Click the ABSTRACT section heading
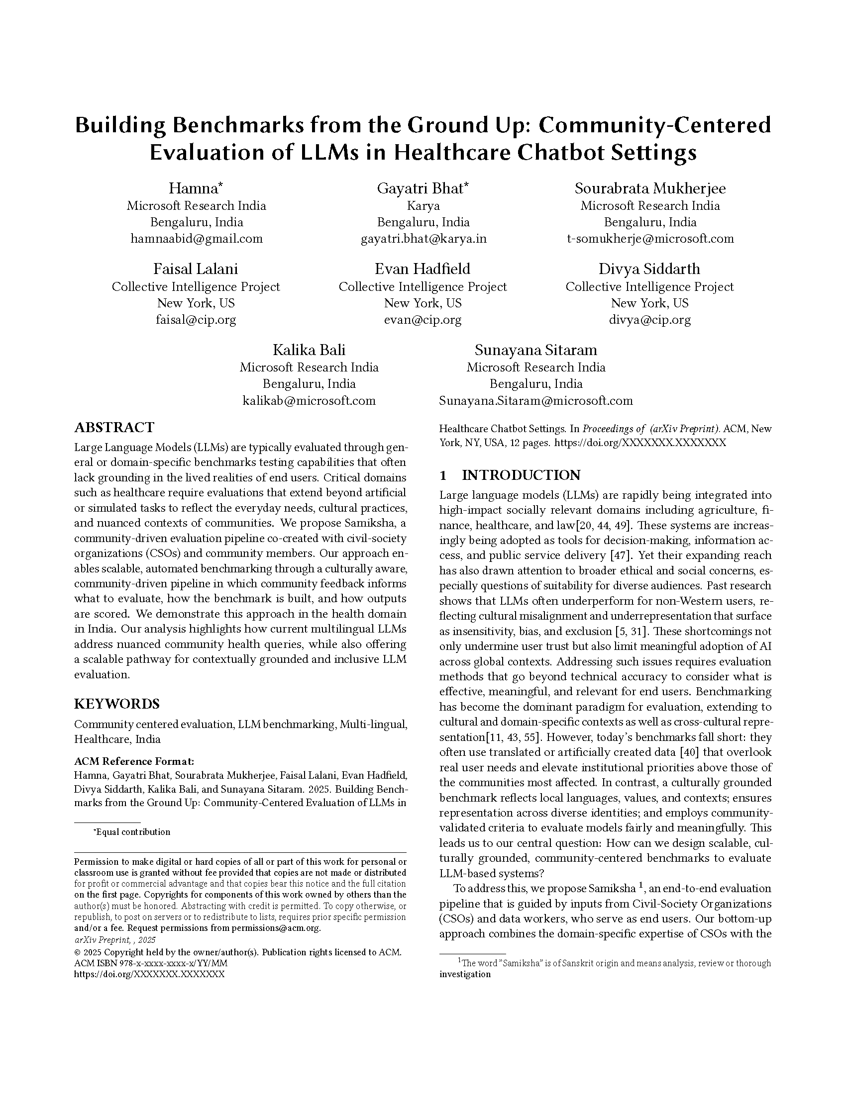pyautogui.click(x=114, y=427)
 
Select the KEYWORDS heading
pyautogui.click(x=117, y=704)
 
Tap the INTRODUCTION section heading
pyautogui.click(x=521, y=475)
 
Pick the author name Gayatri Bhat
pyautogui.click(x=423, y=188)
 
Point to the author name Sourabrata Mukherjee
pyautogui.click(x=650, y=188)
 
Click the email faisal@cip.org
pyautogui.click(x=196, y=320)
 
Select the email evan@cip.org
pyautogui.click(x=423, y=320)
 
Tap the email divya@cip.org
pyautogui.click(x=649, y=320)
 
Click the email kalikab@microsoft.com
pyautogui.click(x=309, y=401)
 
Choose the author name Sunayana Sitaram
pyautogui.click(x=536, y=350)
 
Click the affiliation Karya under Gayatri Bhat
pyautogui.click(x=423, y=206)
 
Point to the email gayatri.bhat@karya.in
pyautogui.click(x=423, y=239)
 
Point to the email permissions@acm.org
pyautogui.click(x=275, y=928)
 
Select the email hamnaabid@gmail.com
pyautogui.click(x=196, y=239)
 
